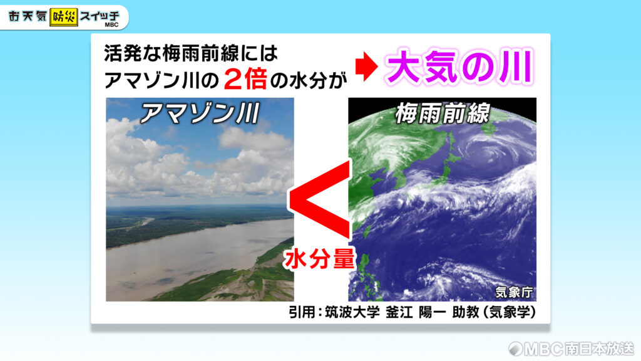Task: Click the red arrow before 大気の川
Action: click(x=366, y=66)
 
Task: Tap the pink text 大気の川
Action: click(x=460, y=66)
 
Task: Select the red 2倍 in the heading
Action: click(x=245, y=80)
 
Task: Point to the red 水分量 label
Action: click(x=320, y=259)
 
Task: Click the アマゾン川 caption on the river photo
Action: click(x=200, y=113)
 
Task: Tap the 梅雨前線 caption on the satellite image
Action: click(x=443, y=113)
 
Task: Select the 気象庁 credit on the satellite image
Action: click(x=515, y=292)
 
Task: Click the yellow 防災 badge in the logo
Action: click(x=64, y=18)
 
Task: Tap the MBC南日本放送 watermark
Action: click(x=571, y=348)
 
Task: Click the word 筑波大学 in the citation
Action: click(x=352, y=312)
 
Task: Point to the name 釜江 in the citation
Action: click(x=399, y=312)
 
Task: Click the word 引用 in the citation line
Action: click(x=302, y=312)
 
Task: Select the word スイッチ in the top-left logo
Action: click(x=100, y=17)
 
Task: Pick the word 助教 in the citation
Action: click(x=466, y=312)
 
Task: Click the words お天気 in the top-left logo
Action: click(x=28, y=17)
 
